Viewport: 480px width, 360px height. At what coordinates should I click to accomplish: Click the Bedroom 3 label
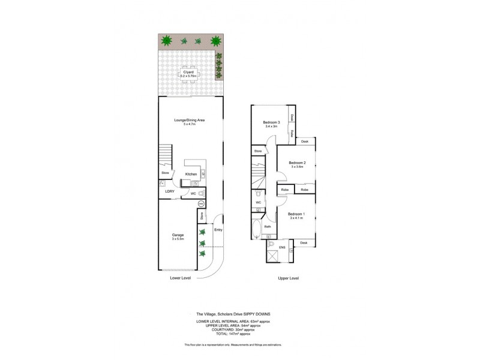(x=272, y=122)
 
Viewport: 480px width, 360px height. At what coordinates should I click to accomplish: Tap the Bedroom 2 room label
(x=298, y=163)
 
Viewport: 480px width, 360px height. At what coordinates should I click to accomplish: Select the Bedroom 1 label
(x=296, y=214)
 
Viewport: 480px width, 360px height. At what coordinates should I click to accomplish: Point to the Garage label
(x=178, y=235)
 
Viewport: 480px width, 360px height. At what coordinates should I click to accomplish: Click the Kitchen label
(x=191, y=175)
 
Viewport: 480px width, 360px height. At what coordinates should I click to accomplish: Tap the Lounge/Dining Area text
(x=190, y=121)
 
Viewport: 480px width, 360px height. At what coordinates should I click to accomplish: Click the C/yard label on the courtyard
(x=188, y=73)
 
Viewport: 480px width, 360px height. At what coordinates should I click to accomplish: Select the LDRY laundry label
(x=170, y=192)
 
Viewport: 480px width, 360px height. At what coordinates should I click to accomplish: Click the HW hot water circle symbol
(x=202, y=204)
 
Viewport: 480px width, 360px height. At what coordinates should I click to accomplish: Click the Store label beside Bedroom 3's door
(x=258, y=151)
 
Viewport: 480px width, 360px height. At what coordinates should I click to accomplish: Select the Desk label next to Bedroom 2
(x=304, y=142)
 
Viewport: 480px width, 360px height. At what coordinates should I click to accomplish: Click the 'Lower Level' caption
(x=181, y=278)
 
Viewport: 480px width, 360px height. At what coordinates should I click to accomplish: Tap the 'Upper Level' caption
(x=289, y=278)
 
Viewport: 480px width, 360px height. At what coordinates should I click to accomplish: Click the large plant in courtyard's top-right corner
(x=215, y=41)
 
